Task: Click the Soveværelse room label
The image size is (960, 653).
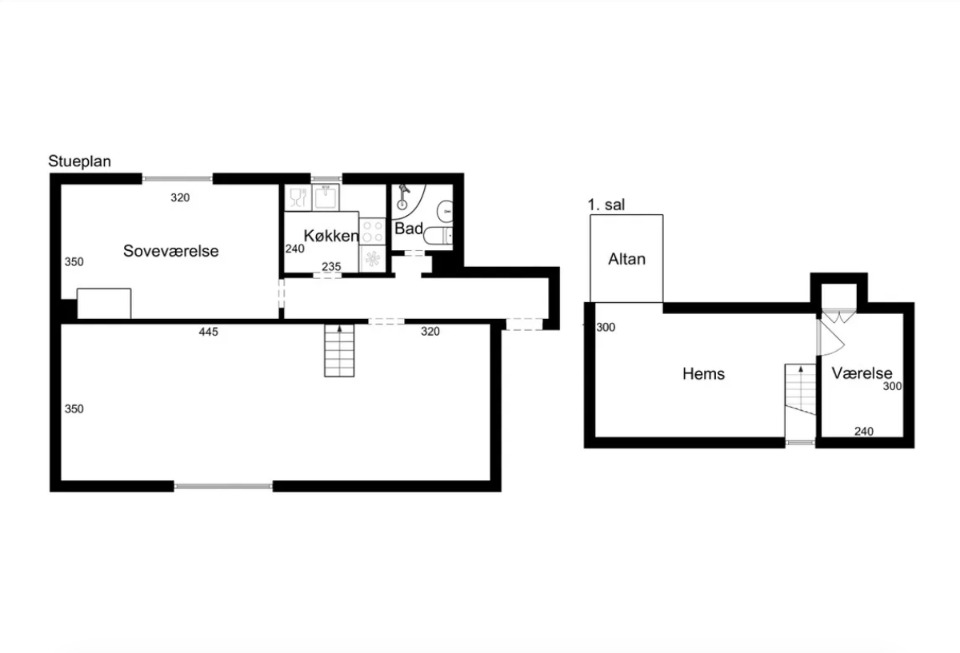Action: [170, 251]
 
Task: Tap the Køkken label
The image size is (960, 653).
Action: [331, 236]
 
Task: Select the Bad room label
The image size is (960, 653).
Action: [409, 229]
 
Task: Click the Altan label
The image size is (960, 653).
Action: [626, 259]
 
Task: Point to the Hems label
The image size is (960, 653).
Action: [703, 374]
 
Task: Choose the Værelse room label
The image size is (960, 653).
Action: [862, 373]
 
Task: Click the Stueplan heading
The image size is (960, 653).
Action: [79, 161]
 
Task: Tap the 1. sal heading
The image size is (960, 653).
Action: [606, 205]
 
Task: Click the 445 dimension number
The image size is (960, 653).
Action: [208, 332]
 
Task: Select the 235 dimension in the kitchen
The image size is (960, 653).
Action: [331, 267]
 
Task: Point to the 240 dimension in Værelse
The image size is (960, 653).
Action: [863, 432]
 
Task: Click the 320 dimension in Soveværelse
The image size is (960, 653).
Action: [180, 198]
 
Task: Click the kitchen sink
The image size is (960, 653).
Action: [326, 197]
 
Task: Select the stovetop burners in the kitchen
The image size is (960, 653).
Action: [373, 231]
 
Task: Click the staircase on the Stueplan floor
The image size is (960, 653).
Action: [339, 351]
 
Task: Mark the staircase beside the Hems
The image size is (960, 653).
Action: [800, 403]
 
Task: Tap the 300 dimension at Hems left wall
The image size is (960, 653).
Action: [606, 328]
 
